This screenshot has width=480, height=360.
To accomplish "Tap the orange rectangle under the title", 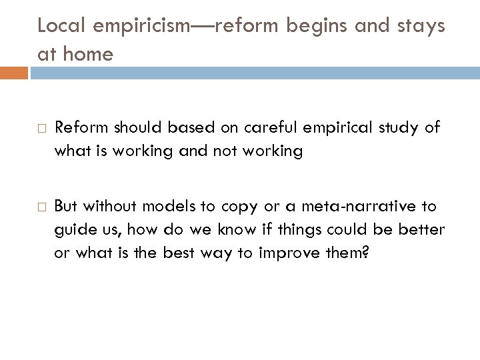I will (x=14, y=72).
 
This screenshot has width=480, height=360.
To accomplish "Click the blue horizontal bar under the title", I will (x=253, y=72).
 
